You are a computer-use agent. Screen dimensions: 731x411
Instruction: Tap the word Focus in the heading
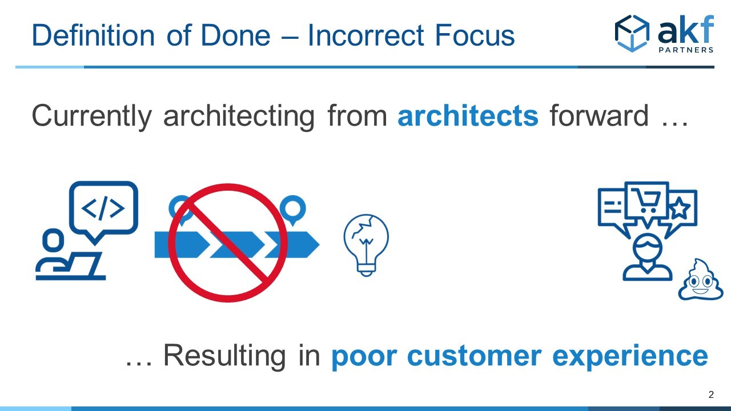(475, 35)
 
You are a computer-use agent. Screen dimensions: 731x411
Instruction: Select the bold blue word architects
(468, 115)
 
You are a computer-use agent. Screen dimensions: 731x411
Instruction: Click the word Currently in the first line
(92, 118)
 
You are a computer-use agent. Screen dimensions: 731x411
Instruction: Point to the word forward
(599, 115)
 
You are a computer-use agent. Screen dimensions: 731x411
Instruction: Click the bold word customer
(474, 357)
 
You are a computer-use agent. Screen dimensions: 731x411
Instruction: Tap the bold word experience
(630, 357)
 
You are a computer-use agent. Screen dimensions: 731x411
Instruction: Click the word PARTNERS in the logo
(686, 50)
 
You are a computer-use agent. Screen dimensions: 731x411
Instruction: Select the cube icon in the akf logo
(632, 33)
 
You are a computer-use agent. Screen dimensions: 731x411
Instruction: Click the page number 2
(711, 394)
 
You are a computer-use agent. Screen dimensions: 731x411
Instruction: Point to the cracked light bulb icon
(366, 245)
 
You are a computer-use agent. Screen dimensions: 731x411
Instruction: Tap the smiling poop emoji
(700, 280)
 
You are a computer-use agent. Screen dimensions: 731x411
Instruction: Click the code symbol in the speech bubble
(103, 208)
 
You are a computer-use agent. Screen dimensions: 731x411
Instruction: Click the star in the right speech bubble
(680, 208)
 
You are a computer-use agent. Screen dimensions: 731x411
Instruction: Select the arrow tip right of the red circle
(319, 245)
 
